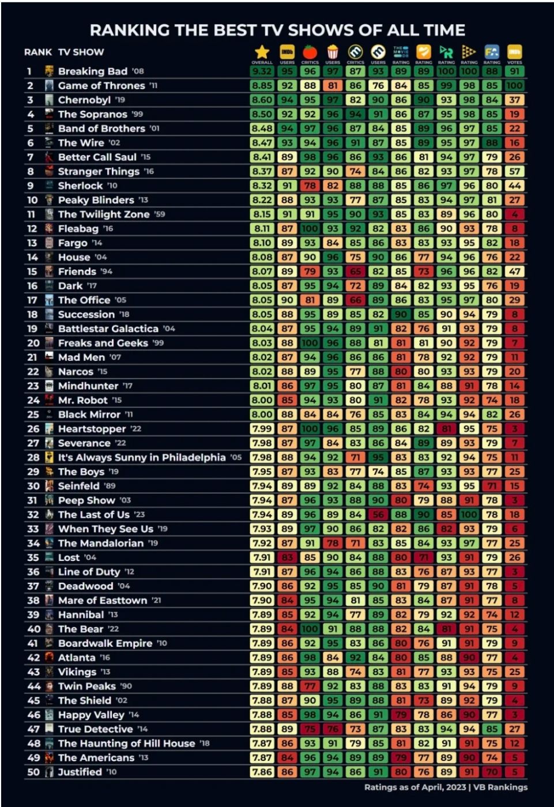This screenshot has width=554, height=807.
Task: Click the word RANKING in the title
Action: pos(130,30)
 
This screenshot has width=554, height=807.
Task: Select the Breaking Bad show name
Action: pos(92,71)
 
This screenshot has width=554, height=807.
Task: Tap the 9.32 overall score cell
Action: pos(262,71)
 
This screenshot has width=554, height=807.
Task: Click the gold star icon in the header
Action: pos(262,52)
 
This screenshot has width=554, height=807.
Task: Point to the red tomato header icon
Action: pos(310,51)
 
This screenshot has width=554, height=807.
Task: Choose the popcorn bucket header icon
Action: pos(333,52)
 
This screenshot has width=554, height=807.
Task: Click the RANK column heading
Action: pos(38,52)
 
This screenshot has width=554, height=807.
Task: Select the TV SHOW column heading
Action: pos(81,52)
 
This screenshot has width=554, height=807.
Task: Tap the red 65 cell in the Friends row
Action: pos(356,271)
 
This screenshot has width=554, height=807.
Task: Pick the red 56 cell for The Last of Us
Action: pos(378,515)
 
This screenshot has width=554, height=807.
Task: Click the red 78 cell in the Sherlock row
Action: pos(310,186)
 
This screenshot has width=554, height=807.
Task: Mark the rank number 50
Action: pos(33,772)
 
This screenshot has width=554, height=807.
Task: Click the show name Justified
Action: pos(80,772)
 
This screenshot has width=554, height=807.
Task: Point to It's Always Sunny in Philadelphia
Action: pos(142,458)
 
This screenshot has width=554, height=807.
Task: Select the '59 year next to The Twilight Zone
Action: pos(160,214)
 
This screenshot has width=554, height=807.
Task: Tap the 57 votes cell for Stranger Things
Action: pos(515,171)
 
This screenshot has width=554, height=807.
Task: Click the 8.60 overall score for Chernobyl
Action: pos(262,100)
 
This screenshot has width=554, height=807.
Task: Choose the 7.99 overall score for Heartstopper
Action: pos(262,429)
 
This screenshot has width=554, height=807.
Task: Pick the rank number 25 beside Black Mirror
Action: pos(33,414)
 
